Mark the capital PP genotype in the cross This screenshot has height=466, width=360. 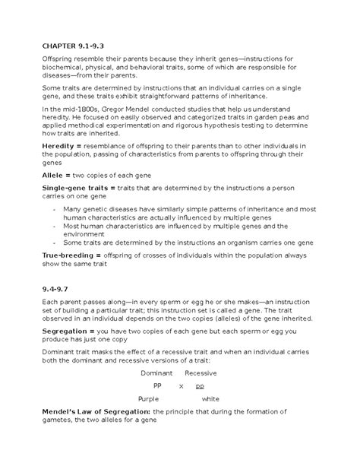coord(157,385)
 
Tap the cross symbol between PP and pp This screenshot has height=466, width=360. coord(181,385)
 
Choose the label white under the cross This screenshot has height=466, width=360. coord(210,398)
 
